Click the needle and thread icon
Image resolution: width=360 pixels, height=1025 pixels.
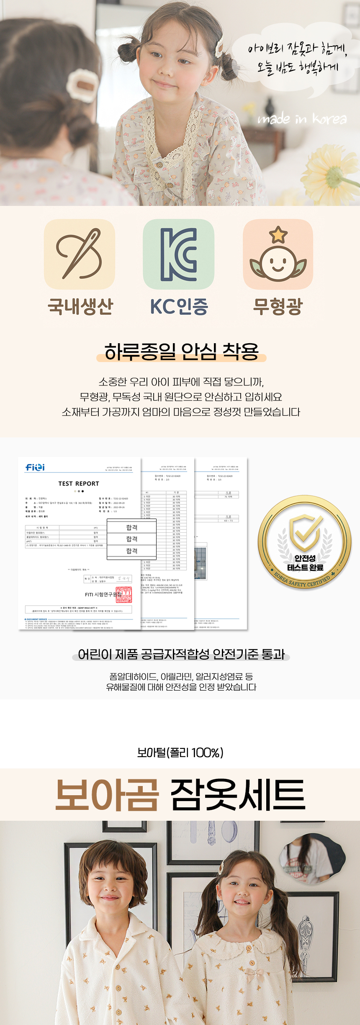[80, 254]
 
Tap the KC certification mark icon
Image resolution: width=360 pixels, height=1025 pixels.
[179, 254]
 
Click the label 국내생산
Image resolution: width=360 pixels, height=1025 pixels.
[80, 306]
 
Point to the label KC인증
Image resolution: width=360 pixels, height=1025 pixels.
[179, 306]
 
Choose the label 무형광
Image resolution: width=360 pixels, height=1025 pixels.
[278, 306]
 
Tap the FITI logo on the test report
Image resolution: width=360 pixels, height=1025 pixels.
[35, 467]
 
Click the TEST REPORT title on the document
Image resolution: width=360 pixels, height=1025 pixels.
[79, 483]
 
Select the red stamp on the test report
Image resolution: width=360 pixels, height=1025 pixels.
[123, 594]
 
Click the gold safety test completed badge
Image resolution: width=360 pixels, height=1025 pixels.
[305, 542]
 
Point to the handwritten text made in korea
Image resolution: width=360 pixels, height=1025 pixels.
[302, 119]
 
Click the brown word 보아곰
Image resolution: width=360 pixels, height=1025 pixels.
[107, 795]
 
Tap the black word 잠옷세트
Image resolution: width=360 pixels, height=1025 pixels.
[238, 795]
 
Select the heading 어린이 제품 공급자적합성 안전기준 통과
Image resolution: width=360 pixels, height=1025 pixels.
[181, 654]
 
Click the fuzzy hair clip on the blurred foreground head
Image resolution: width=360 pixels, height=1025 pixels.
[82, 85]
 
